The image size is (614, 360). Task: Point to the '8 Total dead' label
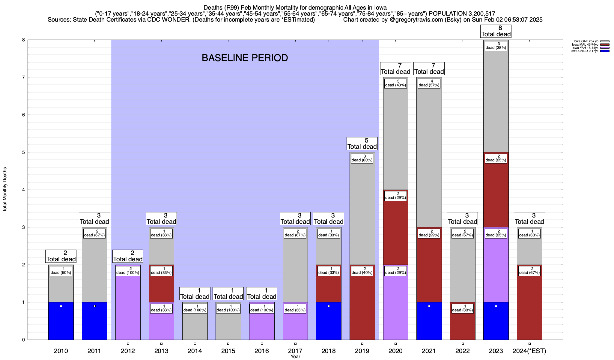click(x=496, y=31)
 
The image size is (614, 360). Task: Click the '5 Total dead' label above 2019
click(x=362, y=144)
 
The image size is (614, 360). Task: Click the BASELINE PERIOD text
click(x=245, y=58)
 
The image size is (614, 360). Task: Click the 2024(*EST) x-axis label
click(x=529, y=351)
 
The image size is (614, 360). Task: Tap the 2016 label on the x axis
click(x=262, y=351)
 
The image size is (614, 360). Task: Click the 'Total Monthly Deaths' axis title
click(x=5, y=190)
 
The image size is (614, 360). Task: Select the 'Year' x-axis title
click(x=295, y=357)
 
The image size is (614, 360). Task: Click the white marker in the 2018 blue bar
click(x=329, y=306)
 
